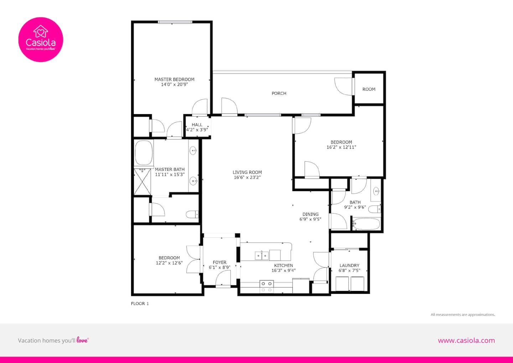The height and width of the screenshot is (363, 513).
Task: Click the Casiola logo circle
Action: click(x=41, y=40)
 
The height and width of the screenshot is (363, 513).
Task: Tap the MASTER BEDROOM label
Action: click(x=174, y=80)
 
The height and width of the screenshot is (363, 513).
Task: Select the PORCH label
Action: click(x=279, y=93)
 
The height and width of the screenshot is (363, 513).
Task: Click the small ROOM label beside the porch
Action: click(x=369, y=89)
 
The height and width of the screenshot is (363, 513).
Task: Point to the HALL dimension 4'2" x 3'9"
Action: click(x=197, y=130)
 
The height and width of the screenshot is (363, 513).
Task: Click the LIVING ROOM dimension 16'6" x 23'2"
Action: click(x=247, y=177)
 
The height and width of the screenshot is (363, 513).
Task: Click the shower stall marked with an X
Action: click(x=142, y=182)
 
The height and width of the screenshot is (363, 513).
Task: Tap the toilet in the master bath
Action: click(x=192, y=215)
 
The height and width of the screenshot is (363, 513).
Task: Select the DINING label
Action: click(x=310, y=214)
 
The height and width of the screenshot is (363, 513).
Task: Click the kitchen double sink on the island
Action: click(x=262, y=255)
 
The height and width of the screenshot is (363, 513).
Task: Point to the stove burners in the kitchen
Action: click(x=266, y=287)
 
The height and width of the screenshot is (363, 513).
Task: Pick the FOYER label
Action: click(x=219, y=262)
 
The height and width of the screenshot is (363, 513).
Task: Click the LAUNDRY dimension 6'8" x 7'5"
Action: click(x=349, y=270)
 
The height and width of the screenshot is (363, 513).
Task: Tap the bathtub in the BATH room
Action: click(x=366, y=224)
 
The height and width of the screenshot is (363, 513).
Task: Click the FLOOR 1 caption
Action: click(x=140, y=303)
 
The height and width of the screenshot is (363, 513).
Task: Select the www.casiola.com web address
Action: click(x=467, y=341)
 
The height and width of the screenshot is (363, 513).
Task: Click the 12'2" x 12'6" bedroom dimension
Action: click(x=169, y=263)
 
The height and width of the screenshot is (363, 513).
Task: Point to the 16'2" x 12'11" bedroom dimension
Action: click(x=341, y=147)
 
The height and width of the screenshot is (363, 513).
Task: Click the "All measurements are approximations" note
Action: click(x=463, y=315)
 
